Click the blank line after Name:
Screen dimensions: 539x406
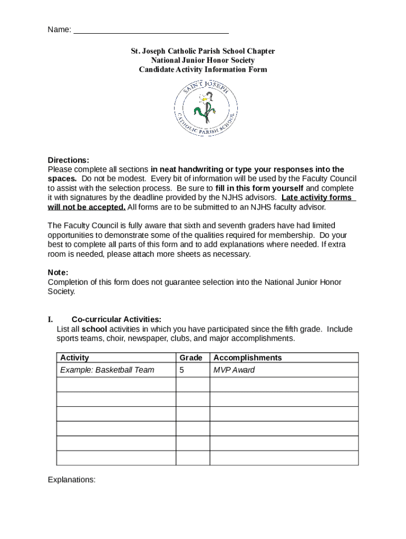[x=151, y=30]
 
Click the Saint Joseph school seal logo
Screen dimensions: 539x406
[x=206, y=111]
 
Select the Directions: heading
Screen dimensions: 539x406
[x=69, y=160]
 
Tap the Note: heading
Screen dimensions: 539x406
[x=58, y=273]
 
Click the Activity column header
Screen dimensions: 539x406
[x=74, y=358]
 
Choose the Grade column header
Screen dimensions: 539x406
[x=191, y=358]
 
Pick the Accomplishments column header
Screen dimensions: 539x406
[x=247, y=358]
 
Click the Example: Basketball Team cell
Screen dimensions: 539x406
[x=107, y=370]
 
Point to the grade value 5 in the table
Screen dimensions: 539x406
[x=182, y=370]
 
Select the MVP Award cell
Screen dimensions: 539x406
[x=234, y=370]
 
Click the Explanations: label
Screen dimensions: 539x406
[x=72, y=480]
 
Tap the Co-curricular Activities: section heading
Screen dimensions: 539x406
[x=116, y=320]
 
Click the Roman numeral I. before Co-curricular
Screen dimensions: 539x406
[x=51, y=320]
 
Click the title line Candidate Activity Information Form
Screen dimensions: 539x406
[x=203, y=69]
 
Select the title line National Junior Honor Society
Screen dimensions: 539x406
[x=203, y=61]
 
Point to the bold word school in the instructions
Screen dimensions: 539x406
[x=94, y=330]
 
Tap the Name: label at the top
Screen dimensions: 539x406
[x=59, y=30]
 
